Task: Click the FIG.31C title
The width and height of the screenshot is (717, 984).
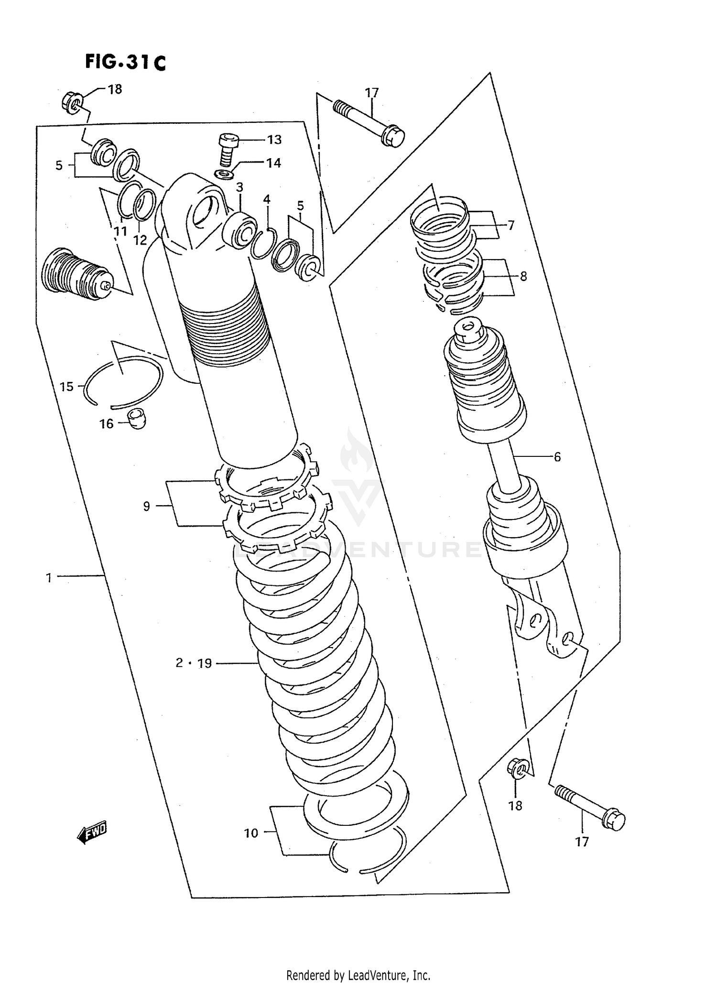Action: point(125,62)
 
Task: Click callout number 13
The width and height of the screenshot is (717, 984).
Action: point(274,140)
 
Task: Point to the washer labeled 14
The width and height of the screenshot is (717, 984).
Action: point(223,174)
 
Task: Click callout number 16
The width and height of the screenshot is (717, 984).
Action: point(106,423)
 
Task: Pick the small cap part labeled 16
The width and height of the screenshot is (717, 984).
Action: point(138,419)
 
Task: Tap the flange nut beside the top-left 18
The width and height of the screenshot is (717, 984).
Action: point(72,102)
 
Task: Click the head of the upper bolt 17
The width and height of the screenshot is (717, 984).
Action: point(393,136)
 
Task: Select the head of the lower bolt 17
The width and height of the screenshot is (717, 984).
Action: point(613,820)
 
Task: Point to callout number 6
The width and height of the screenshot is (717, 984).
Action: point(557,457)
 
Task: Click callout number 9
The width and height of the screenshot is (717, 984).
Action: point(147,506)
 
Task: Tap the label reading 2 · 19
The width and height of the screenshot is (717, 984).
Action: point(193,663)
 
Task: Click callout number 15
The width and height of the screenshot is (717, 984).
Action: point(66,386)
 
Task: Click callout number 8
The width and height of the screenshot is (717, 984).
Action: point(523,276)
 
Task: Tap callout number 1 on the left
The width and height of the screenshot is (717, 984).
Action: point(48,578)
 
